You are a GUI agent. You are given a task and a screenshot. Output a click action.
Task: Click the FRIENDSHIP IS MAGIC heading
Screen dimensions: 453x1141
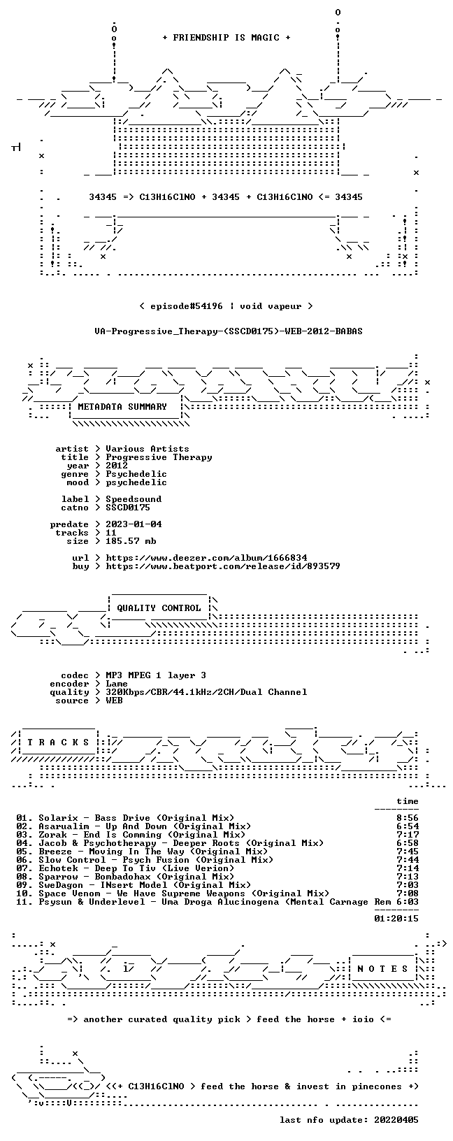click(x=226, y=38)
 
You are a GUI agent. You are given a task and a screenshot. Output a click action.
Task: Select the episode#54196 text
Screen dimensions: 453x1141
click(x=187, y=306)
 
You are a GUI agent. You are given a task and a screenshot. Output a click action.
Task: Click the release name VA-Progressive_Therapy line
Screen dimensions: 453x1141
click(x=229, y=331)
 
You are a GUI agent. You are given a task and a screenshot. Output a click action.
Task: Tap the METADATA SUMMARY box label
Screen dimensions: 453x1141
click(x=122, y=406)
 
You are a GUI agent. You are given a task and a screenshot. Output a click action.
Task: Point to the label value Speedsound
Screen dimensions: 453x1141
click(x=134, y=499)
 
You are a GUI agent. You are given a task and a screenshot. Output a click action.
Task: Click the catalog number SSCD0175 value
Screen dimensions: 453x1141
click(x=128, y=508)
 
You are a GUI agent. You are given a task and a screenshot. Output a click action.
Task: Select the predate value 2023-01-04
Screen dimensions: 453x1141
click(x=134, y=524)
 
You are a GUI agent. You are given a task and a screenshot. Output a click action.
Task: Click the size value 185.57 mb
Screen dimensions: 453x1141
click(x=131, y=541)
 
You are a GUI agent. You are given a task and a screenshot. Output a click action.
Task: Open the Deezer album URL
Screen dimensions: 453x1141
click(x=206, y=558)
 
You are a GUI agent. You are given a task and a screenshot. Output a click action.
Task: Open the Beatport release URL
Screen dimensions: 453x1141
click(x=223, y=566)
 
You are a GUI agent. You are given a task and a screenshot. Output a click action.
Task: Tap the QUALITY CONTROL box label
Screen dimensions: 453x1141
click(x=159, y=608)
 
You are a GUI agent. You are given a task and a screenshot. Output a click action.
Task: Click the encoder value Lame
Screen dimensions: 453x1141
click(x=117, y=684)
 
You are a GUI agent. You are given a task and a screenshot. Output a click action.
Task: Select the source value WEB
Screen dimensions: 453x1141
click(x=114, y=701)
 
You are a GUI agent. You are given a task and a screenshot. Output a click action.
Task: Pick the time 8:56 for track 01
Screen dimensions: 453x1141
click(x=408, y=818)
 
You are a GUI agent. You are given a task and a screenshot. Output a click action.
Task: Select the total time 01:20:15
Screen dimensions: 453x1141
click(x=396, y=919)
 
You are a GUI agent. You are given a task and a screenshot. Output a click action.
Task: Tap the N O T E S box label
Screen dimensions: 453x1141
click(x=382, y=969)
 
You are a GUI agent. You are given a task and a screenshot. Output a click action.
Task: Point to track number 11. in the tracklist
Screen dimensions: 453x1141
click(x=24, y=902)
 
